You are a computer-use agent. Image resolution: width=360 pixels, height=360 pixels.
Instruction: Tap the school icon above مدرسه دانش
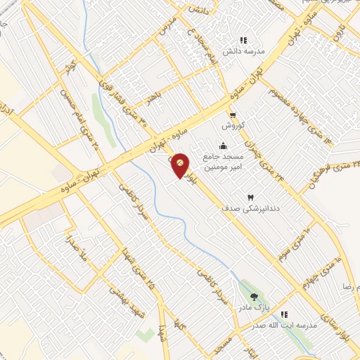(243, 41)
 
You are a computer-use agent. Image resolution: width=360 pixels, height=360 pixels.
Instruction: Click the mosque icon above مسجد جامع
(223, 146)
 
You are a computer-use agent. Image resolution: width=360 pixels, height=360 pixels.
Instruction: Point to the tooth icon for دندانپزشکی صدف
(250, 198)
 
